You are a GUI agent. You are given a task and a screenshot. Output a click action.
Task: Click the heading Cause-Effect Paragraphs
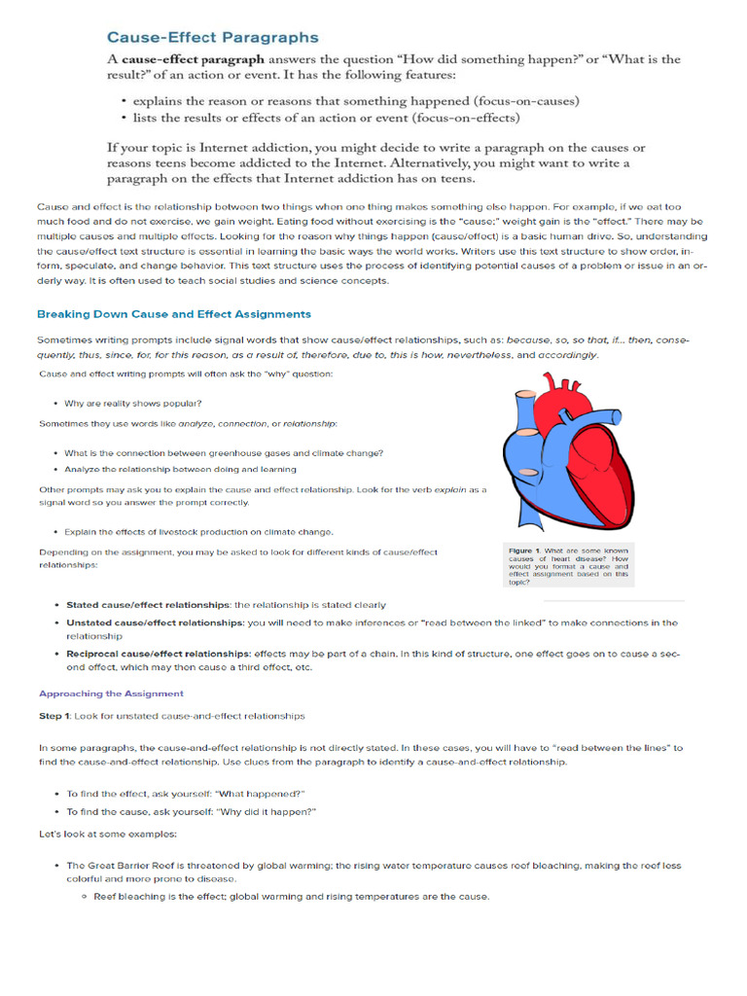tap(212, 38)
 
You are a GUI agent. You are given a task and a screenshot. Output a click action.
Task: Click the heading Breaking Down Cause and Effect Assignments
tap(174, 314)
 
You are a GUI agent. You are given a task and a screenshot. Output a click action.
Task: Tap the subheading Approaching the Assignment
tap(111, 694)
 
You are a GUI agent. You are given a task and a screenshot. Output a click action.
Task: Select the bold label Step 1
tap(53, 716)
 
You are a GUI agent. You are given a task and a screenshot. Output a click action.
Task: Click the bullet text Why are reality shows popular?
tap(133, 403)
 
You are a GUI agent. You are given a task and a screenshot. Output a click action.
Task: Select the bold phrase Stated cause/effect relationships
tap(148, 605)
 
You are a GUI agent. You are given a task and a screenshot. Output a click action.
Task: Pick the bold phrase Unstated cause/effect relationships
tap(155, 622)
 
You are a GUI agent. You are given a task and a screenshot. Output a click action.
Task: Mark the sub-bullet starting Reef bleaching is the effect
tap(292, 897)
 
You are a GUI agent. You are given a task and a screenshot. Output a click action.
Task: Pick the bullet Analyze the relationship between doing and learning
tap(180, 469)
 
